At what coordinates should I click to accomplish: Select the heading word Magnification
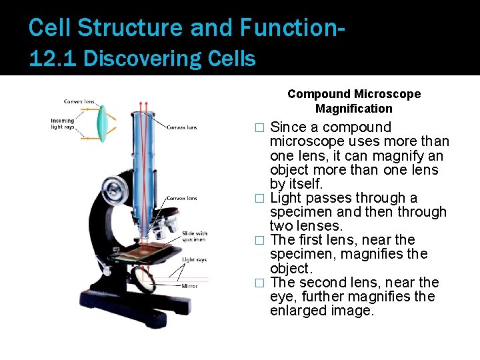354,108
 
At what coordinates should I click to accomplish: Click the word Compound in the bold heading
319,94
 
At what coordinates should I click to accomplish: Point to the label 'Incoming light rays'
63,124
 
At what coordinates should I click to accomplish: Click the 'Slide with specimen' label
195,237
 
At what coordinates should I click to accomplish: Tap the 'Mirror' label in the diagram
189,286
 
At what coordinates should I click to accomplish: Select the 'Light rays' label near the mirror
194,259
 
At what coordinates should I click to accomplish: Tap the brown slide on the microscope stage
137,247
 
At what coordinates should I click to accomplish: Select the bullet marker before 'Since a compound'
261,127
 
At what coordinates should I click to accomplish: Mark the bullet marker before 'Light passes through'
261,198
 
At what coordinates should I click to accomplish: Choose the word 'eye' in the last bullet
282,297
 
